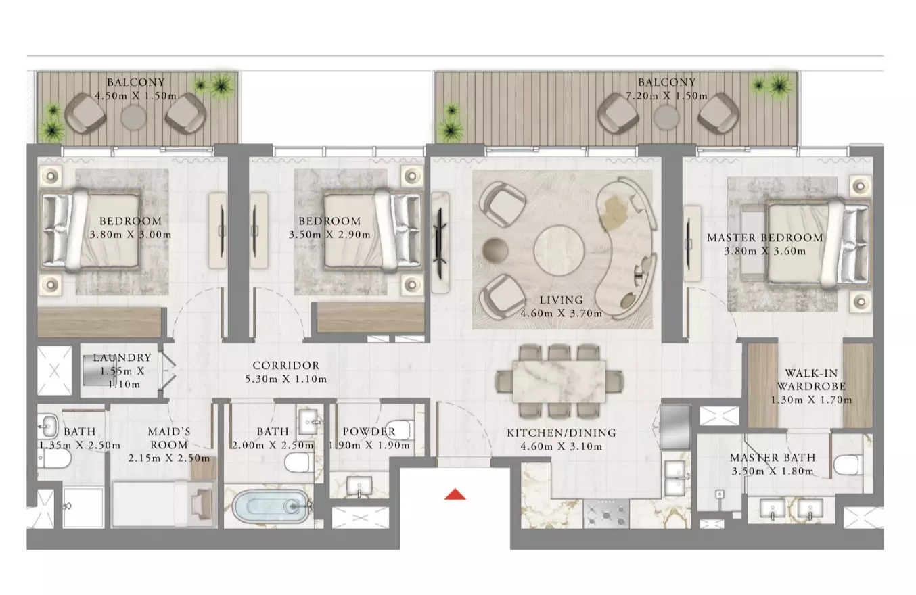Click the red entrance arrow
[455, 494]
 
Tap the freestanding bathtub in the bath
[271, 506]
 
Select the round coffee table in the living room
[559, 249]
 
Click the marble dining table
[559, 382]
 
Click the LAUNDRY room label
[122, 358]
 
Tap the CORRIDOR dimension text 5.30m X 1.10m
[286, 379]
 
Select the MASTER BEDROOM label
[764, 237]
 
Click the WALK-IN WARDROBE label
[811, 379]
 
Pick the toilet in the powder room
[398, 429]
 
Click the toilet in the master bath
[846, 465]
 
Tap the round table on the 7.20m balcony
[666, 118]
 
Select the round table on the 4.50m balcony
[133, 118]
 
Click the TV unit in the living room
[440, 243]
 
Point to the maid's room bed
[164, 504]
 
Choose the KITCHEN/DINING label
[561, 433]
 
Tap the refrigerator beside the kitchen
[675, 427]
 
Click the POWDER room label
[369, 431]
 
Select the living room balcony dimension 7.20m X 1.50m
[666, 96]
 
